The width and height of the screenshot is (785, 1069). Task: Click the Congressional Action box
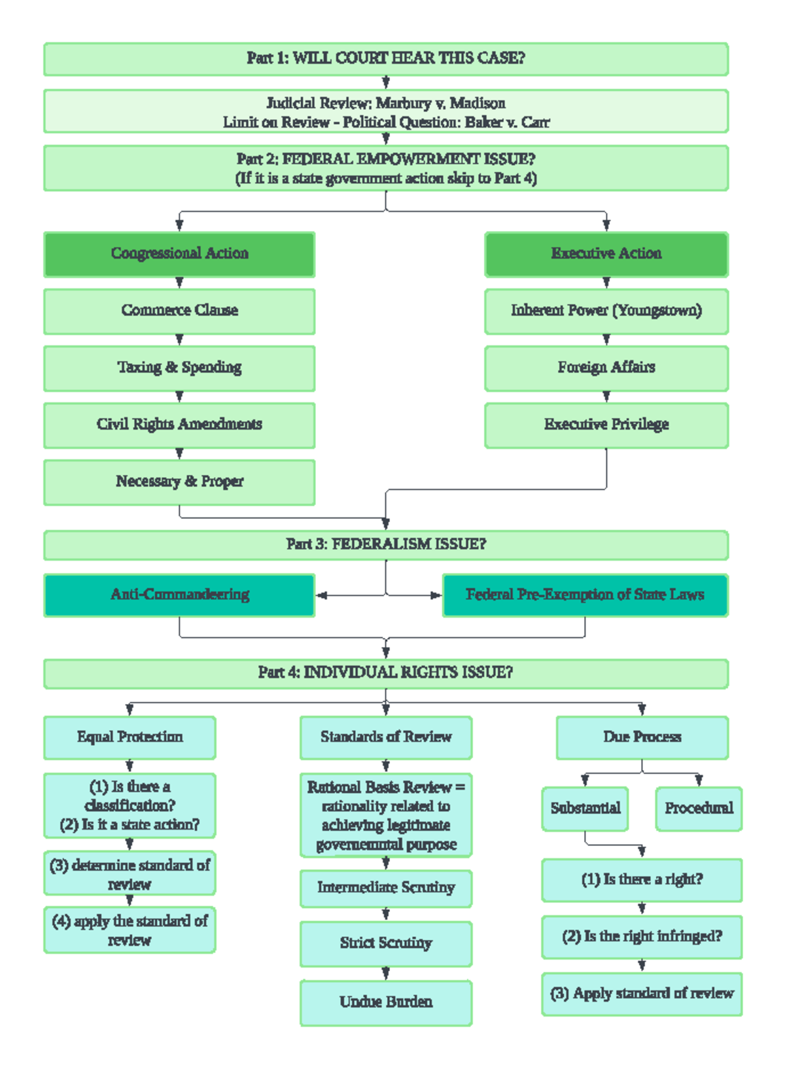click(x=179, y=254)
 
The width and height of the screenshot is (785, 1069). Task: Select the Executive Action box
click(x=606, y=254)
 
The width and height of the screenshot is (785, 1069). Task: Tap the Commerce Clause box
click(x=179, y=311)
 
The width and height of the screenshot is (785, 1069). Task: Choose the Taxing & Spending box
click(x=179, y=368)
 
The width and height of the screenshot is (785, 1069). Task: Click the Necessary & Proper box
click(x=179, y=482)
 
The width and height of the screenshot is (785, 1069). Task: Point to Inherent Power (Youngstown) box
click(x=606, y=311)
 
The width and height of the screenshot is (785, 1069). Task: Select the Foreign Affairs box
click(x=606, y=368)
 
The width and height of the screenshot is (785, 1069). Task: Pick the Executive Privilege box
click(x=606, y=425)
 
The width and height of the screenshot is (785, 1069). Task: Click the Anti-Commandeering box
click(x=179, y=595)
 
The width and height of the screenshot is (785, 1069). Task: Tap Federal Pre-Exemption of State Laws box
click(x=584, y=595)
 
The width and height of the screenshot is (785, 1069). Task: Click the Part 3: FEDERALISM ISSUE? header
click(x=386, y=544)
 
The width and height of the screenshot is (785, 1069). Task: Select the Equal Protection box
click(x=130, y=737)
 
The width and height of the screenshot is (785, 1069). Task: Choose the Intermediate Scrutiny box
click(x=386, y=888)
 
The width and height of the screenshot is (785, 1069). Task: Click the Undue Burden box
click(x=386, y=1002)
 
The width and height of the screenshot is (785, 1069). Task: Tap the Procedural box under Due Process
click(x=699, y=809)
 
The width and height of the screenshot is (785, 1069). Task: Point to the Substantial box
click(x=585, y=809)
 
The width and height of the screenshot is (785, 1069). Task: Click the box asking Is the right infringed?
click(x=642, y=937)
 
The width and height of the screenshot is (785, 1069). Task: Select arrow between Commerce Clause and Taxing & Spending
click(x=179, y=340)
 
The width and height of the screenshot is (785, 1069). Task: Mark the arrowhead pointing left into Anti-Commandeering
click(x=321, y=595)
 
